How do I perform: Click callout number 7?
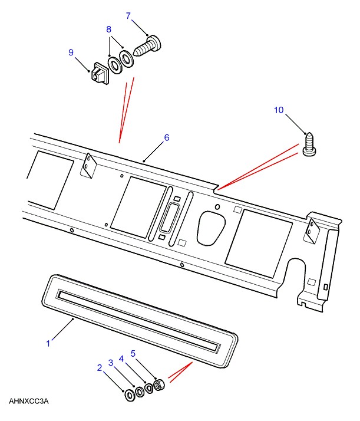point(128,16)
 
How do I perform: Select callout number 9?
point(71,52)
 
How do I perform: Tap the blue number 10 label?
point(279,110)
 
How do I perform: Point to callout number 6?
point(167,137)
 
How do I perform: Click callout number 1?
point(48,343)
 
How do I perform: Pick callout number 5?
point(133,354)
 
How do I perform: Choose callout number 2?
point(100,368)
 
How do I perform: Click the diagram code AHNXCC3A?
point(29,401)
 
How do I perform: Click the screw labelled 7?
point(147,45)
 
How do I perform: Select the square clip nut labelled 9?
point(99,73)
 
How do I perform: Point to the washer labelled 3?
point(140,392)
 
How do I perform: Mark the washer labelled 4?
point(149,388)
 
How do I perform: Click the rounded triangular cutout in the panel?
point(211,228)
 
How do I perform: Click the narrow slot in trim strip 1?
point(138,320)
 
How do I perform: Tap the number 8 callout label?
point(108,29)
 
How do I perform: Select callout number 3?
point(111,363)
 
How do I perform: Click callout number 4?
point(121,359)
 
